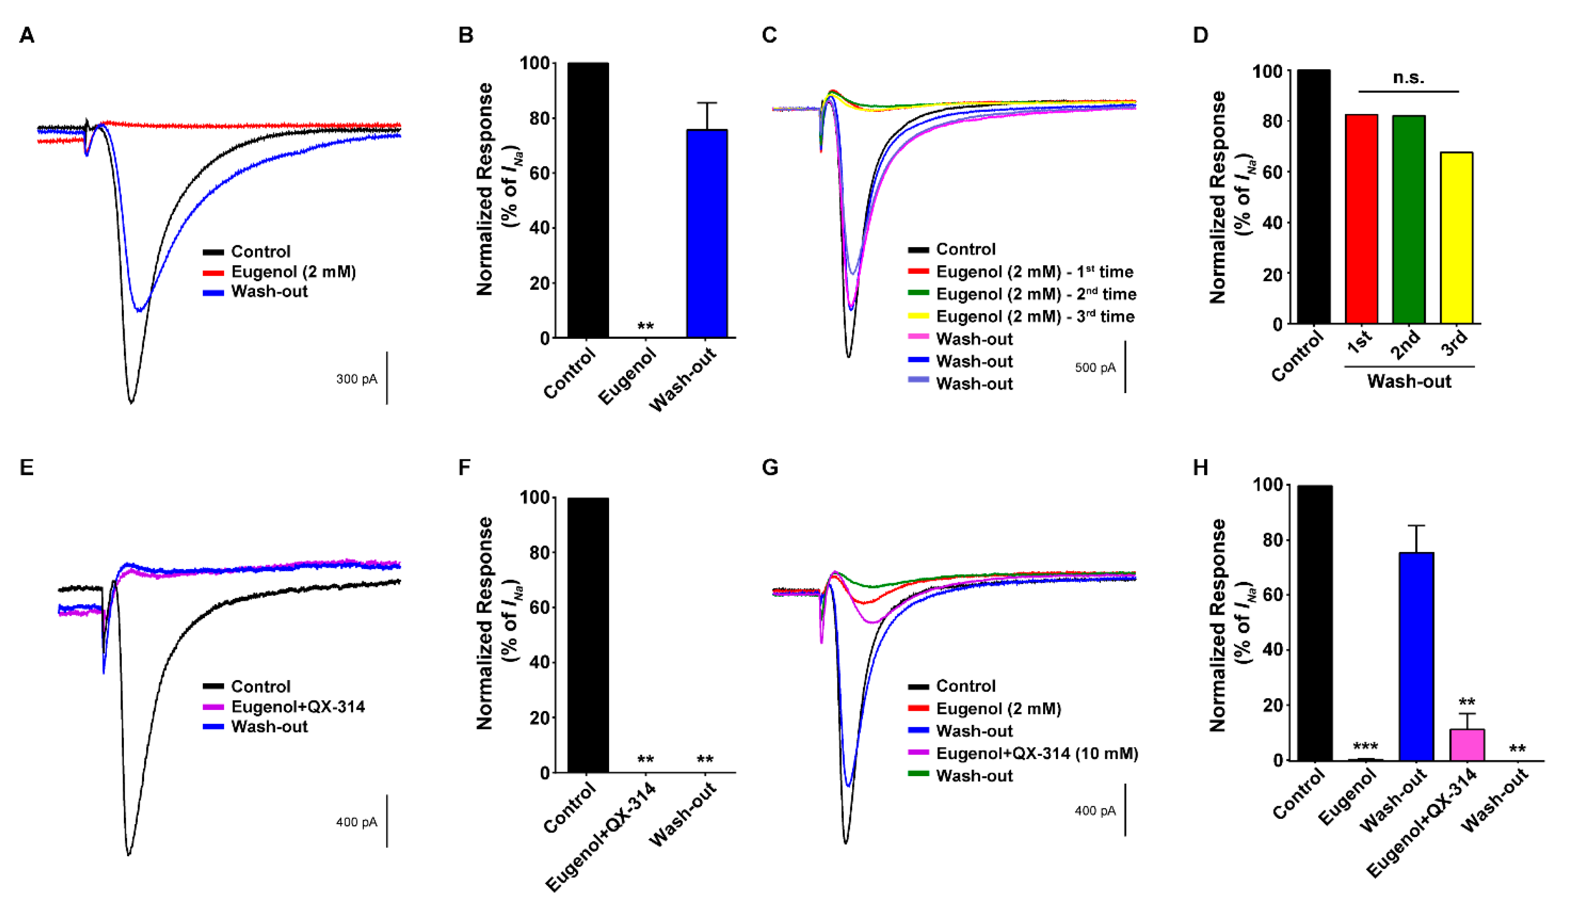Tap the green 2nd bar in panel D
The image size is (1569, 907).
pyautogui.click(x=1408, y=219)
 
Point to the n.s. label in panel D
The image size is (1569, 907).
pyautogui.click(x=1408, y=78)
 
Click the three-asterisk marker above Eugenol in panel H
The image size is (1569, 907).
pyautogui.click(x=1365, y=746)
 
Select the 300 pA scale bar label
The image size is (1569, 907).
pyautogui.click(x=356, y=379)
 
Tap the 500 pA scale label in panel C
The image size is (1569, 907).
pyautogui.click(x=1094, y=368)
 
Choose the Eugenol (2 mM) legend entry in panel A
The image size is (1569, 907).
pyautogui.click(x=293, y=272)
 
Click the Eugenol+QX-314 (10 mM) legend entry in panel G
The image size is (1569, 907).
pyautogui.click(x=1036, y=753)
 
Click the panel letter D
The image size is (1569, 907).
pyautogui.click(x=1200, y=36)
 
